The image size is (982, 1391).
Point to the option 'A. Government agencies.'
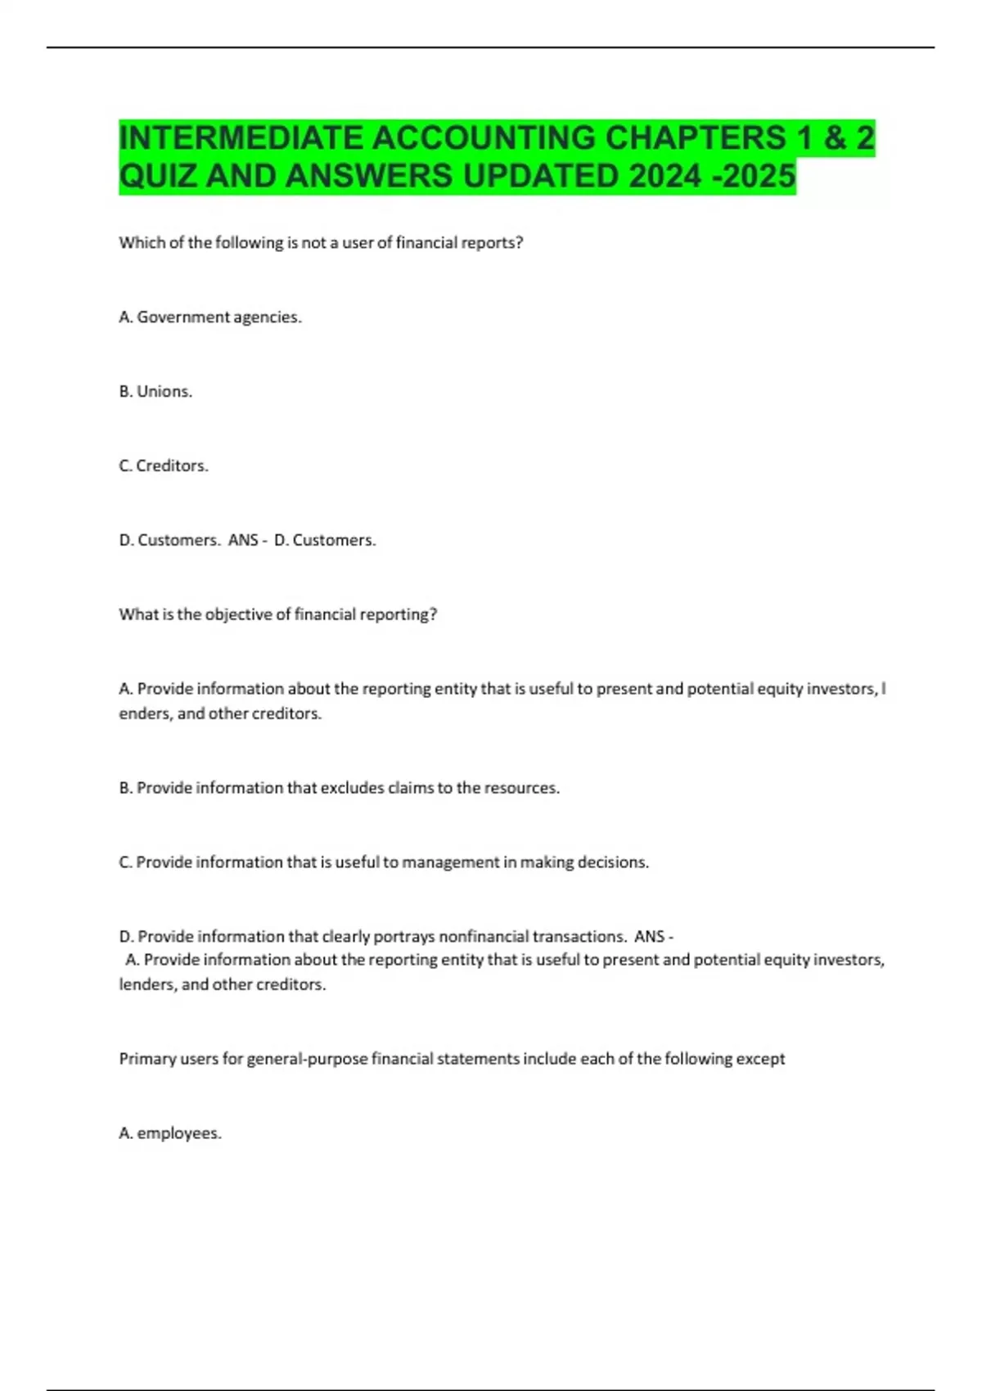click(210, 317)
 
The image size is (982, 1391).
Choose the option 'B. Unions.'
click(155, 392)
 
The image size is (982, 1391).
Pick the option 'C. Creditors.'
click(164, 466)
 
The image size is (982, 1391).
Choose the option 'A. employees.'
click(170, 1133)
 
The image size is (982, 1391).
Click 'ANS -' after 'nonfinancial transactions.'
click(653, 936)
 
